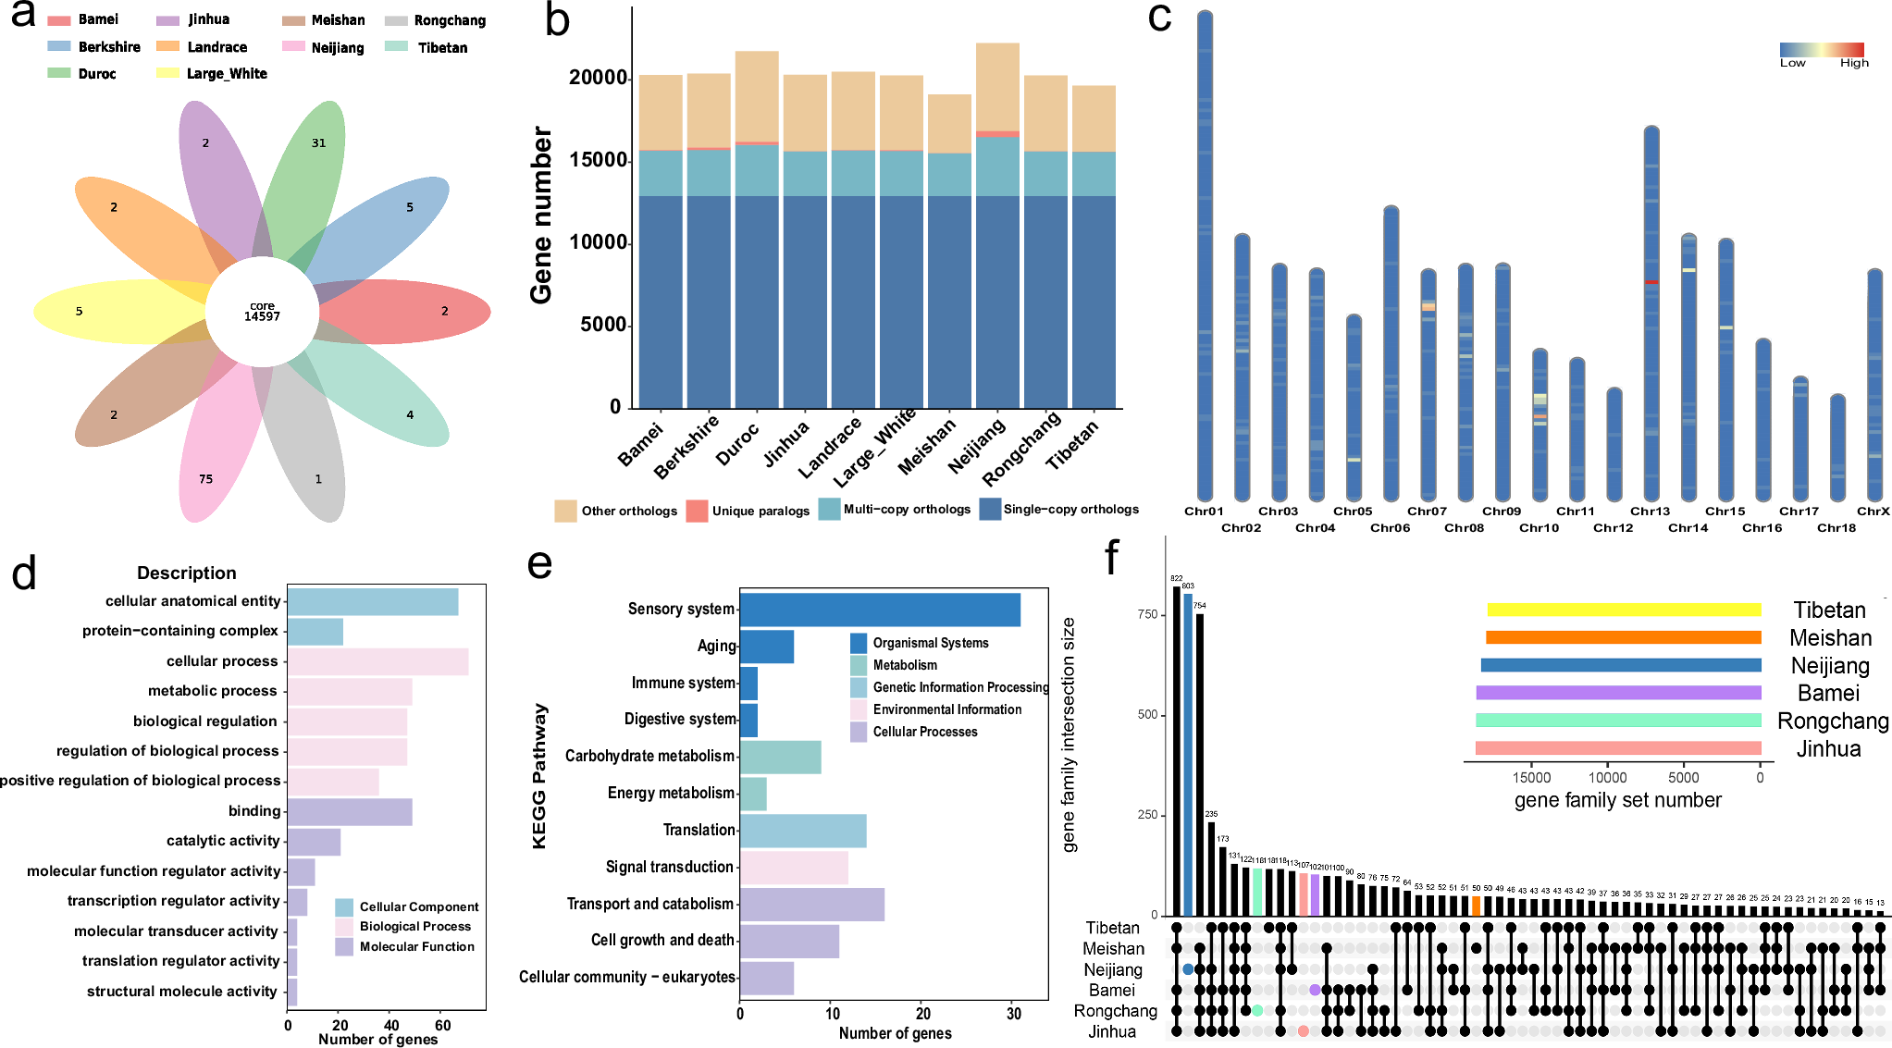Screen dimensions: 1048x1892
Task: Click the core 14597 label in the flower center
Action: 262,312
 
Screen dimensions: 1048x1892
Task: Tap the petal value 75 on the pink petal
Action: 205,479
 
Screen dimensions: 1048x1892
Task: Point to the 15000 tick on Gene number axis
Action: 598,160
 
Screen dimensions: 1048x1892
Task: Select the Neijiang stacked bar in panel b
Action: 997,231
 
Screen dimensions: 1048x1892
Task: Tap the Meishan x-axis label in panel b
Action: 927,448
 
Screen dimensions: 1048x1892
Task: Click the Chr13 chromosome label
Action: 1650,512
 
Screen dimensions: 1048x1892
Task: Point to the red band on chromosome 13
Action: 1651,282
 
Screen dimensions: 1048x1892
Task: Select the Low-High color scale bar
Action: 1821,50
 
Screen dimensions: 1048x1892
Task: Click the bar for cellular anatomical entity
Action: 372,602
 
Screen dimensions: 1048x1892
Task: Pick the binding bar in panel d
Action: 349,812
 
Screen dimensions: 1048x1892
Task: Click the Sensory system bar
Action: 879,610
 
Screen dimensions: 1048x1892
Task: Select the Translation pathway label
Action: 699,830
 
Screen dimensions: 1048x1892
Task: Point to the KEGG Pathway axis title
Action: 539,775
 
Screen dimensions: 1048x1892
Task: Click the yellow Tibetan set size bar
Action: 1624,610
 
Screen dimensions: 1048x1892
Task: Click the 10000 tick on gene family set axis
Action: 1607,778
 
